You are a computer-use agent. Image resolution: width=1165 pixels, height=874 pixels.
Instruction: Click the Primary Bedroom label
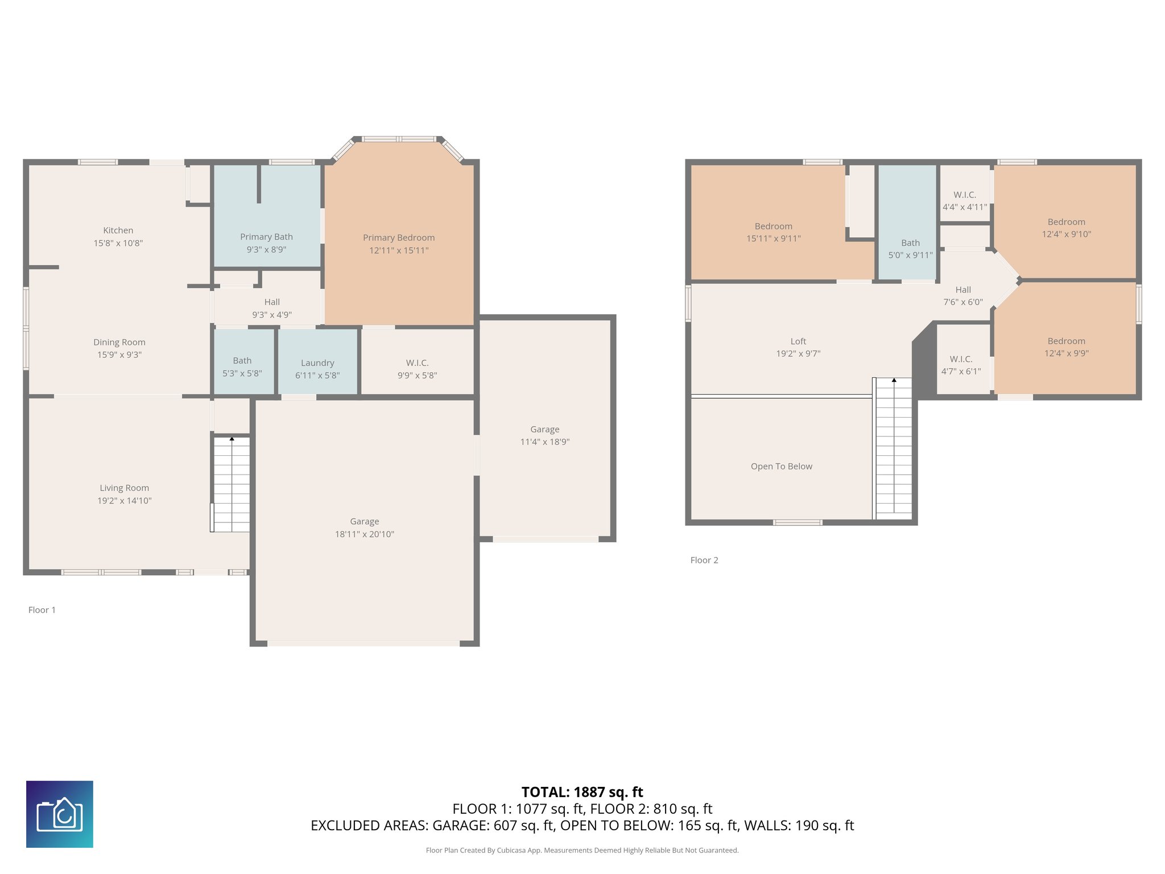click(x=399, y=237)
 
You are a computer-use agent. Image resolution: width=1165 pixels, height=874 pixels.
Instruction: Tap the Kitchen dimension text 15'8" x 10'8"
click(x=118, y=243)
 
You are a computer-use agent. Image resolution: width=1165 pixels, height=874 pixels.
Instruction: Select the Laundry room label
click(x=317, y=363)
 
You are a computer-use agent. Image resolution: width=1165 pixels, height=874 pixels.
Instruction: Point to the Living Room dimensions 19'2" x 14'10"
click(x=125, y=501)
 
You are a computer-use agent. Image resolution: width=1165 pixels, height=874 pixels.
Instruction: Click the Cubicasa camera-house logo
click(x=60, y=814)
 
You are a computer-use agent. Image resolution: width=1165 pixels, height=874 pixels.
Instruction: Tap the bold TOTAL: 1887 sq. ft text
click(x=582, y=792)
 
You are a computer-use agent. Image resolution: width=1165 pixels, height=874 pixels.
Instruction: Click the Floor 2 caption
click(x=704, y=560)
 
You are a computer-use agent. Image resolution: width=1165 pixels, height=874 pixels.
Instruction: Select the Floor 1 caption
click(x=42, y=610)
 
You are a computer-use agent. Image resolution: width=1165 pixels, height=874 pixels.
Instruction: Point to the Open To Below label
click(x=782, y=467)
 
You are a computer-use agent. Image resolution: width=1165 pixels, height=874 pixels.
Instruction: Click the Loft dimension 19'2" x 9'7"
click(x=798, y=353)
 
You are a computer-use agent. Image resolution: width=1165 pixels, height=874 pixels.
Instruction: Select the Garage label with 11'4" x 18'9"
click(x=545, y=430)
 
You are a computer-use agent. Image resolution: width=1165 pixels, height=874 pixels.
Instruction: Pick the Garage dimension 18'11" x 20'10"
click(x=365, y=534)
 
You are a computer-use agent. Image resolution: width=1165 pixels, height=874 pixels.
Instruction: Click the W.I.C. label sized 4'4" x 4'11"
click(x=965, y=195)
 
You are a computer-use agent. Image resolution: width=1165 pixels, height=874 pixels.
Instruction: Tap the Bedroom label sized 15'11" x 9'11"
click(x=774, y=226)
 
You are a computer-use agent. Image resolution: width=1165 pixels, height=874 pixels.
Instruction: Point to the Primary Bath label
click(x=266, y=237)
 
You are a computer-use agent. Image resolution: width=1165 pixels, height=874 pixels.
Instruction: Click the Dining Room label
click(x=119, y=343)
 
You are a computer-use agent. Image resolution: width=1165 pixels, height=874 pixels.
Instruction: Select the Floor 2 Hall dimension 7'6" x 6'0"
click(x=963, y=302)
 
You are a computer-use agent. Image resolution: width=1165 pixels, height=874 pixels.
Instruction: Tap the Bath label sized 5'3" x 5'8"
click(x=242, y=361)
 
